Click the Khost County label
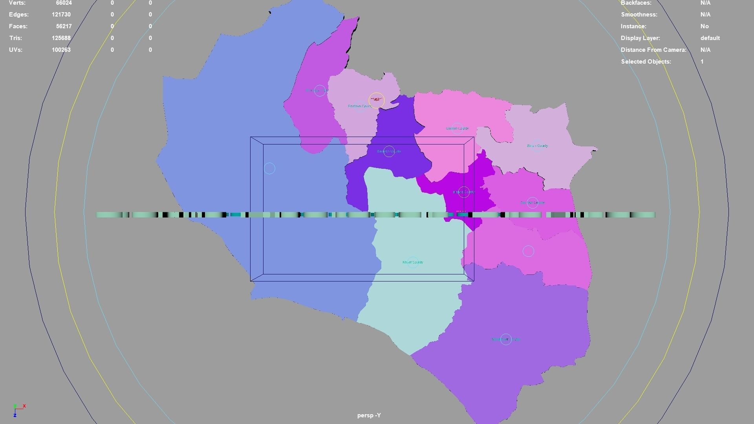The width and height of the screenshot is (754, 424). (413, 262)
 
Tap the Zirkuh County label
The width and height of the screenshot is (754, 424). (537, 146)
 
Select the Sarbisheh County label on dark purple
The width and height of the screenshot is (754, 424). (389, 151)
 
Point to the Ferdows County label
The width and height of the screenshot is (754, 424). (360, 106)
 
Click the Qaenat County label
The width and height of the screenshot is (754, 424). (457, 128)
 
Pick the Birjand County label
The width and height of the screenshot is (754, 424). (464, 192)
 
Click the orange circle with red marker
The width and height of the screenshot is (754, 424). (376, 100)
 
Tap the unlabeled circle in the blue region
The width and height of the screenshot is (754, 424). (269, 168)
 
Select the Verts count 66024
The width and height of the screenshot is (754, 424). (64, 3)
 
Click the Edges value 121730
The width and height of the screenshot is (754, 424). (61, 15)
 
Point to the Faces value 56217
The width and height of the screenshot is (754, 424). (64, 26)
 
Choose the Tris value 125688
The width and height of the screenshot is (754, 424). (61, 38)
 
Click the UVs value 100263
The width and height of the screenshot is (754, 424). (61, 50)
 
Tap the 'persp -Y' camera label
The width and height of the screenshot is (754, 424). (369, 415)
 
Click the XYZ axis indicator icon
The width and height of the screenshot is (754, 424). (18, 410)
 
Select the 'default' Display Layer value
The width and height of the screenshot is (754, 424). (710, 38)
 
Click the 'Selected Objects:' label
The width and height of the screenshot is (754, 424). (646, 62)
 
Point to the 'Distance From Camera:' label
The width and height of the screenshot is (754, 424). (653, 50)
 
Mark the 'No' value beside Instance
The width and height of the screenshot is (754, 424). (705, 26)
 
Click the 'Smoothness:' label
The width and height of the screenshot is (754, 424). (639, 15)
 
